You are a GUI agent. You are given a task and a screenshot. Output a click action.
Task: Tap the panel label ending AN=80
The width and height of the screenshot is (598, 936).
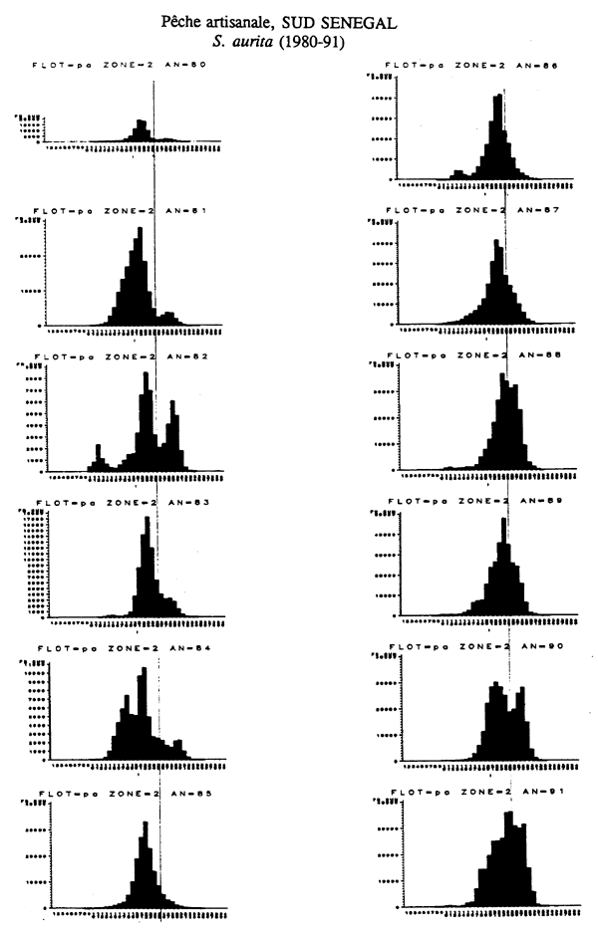point(118,66)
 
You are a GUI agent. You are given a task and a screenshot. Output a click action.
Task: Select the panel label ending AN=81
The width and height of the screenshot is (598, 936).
point(118,212)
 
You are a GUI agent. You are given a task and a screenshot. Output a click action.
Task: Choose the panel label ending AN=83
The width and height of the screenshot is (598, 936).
point(118,502)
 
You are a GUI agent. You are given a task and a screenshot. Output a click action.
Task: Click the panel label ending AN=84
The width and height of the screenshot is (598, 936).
point(118,647)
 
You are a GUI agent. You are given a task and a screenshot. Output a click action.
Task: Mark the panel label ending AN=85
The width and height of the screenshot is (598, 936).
point(118,793)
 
